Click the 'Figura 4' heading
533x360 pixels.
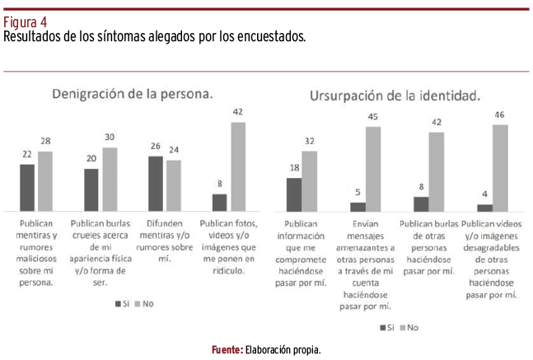coord(25,22)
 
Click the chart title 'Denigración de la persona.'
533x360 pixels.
coord(133,94)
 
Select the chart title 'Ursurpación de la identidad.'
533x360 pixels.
coord(395,96)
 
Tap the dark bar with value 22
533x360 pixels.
coord(27,188)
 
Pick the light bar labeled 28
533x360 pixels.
coord(44,181)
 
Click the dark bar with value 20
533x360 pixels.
coord(91,190)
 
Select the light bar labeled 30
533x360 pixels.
coord(109,180)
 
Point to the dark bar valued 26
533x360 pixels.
coord(155,184)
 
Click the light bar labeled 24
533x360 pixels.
coord(173,186)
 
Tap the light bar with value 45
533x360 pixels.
coord(374,169)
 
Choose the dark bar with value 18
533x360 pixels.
coord(293,194)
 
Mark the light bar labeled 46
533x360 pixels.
coord(500,168)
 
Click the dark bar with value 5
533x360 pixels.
coord(358,207)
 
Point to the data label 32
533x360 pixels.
coord(310,141)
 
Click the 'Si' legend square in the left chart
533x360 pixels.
coord(118,304)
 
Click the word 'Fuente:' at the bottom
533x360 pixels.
coord(227,350)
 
